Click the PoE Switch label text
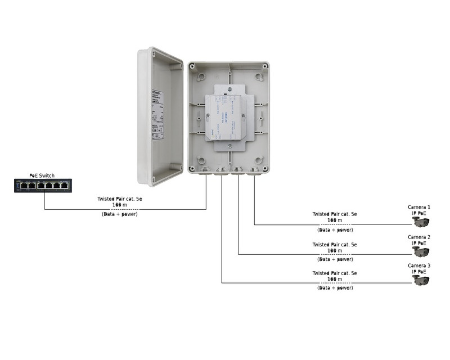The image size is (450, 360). [x=42, y=175]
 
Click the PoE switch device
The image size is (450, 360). [x=42, y=186]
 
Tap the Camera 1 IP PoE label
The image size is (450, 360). [x=419, y=210]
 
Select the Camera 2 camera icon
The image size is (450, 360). [x=421, y=251]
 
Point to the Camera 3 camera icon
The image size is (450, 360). [x=421, y=279]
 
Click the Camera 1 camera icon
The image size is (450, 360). [x=421, y=222]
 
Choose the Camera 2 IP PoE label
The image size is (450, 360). [x=419, y=240]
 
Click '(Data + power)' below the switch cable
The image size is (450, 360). [x=119, y=214]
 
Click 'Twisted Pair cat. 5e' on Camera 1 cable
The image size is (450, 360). [x=335, y=214]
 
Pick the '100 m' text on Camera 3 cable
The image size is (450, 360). [x=335, y=280]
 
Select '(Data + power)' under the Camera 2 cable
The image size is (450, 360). [x=335, y=259]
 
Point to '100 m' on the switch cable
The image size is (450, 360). [x=119, y=205]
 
